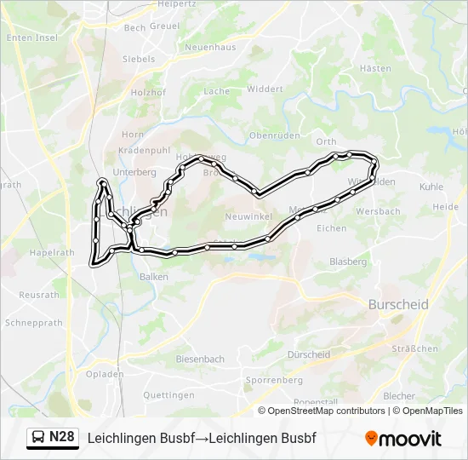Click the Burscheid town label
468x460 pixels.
click(x=398, y=304)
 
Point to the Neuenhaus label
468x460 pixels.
click(x=209, y=47)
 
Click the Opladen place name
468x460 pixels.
click(x=105, y=374)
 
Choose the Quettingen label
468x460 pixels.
click(x=168, y=395)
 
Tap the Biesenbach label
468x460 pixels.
click(x=200, y=359)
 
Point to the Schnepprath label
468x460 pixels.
click(x=34, y=324)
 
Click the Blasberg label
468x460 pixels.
click(x=347, y=262)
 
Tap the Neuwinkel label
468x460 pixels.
click(x=248, y=216)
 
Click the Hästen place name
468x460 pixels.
click(x=375, y=68)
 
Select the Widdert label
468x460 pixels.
click(x=265, y=89)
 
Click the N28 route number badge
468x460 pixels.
click(x=61, y=437)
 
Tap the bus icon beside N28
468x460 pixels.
click(x=38, y=438)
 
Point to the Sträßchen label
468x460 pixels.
click(x=414, y=348)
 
